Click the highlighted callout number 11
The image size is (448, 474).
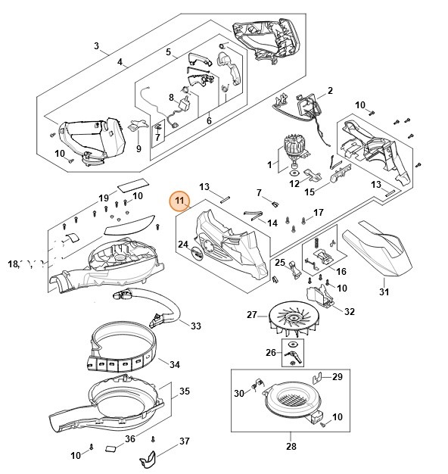pyautogui.click(x=179, y=201)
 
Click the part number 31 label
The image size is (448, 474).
pyautogui.click(x=384, y=293)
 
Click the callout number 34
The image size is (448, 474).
pyautogui.click(x=175, y=365)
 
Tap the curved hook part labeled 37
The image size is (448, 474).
pyautogui.click(x=151, y=460)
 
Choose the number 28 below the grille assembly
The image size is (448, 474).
pyautogui.click(x=291, y=447)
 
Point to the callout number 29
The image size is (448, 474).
pyautogui.click(x=338, y=376)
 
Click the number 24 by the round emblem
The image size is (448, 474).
pyautogui.click(x=183, y=244)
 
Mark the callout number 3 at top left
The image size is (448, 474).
pyautogui.click(x=97, y=46)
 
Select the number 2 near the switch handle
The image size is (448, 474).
pyautogui.click(x=330, y=91)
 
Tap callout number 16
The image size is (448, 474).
pyautogui.click(x=341, y=271)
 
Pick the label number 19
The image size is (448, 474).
pyautogui.click(x=104, y=198)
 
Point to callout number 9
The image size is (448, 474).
pyautogui.click(x=138, y=149)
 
